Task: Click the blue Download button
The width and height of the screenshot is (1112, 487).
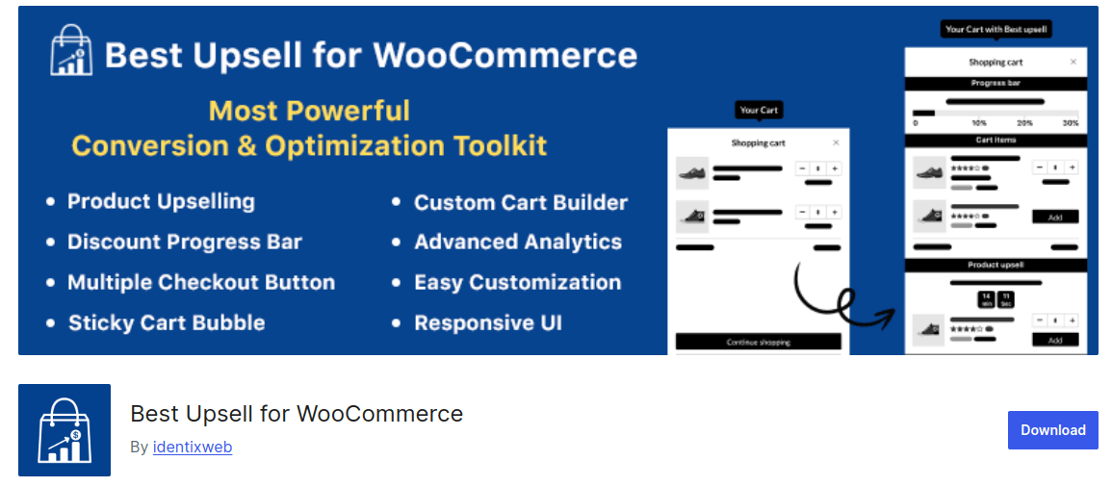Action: pyautogui.click(x=1052, y=430)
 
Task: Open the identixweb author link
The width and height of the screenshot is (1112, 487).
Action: pyautogui.click(x=192, y=447)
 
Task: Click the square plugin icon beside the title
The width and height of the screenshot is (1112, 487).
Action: pyautogui.click(x=65, y=430)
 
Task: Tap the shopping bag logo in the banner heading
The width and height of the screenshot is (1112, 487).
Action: pyautogui.click(x=71, y=50)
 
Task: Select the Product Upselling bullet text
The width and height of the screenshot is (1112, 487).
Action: pyautogui.click(x=161, y=202)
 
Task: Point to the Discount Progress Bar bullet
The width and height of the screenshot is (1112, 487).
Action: pyautogui.click(x=184, y=243)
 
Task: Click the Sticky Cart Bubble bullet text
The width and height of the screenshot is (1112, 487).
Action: pyautogui.click(x=166, y=323)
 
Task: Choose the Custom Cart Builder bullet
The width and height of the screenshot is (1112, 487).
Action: pyautogui.click(x=520, y=203)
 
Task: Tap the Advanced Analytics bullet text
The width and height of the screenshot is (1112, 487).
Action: pyautogui.click(x=517, y=243)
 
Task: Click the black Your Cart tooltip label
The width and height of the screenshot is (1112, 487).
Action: pyautogui.click(x=759, y=110)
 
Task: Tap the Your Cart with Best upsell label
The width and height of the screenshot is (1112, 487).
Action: pyautogui.click(x=996, y=30)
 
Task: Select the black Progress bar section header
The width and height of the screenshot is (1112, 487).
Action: pyautogui.click(x=996, y=84)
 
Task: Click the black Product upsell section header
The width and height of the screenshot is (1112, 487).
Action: pyautogui.click(x=996, y=265)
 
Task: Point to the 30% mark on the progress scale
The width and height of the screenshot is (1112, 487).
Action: pyautogui.click(x=1069, y=123)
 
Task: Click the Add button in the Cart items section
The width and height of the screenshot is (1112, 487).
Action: pyautogui.click(x=1055, y=218)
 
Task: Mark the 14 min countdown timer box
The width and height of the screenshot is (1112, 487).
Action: pyautogui.click(x=986, y=299)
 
